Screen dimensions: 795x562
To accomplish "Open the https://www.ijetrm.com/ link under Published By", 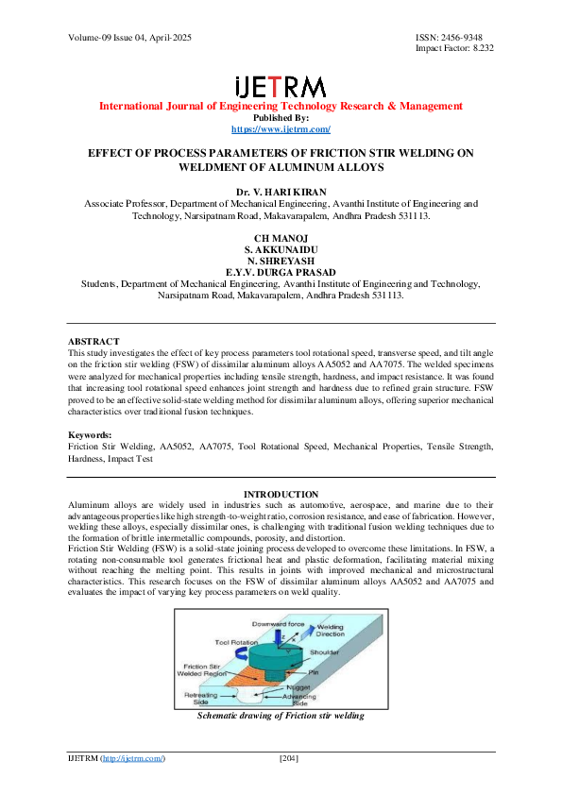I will pyautogui.click(x=281, y=128).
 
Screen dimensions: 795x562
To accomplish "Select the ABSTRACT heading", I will pyautogui.click(x=94, y=341).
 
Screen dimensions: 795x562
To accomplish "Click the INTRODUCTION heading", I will pyautogui.click(x=281, y=495).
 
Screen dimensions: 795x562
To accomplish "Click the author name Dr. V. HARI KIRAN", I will pyautogui.click(x=281, y=192).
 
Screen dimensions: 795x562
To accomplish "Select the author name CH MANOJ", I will pyautogui.click(x=281, y=236).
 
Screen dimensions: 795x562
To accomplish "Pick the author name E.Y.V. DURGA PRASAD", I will pyautogui.click(x=281, y=272).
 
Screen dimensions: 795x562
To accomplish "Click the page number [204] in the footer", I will pyautogui.click(x=289, y=758).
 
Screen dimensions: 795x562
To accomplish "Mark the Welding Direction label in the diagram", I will pyautogui.click(x=330, y=604).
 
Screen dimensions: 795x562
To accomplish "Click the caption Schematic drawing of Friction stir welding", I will pyautogui.click(x=281, y=716).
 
